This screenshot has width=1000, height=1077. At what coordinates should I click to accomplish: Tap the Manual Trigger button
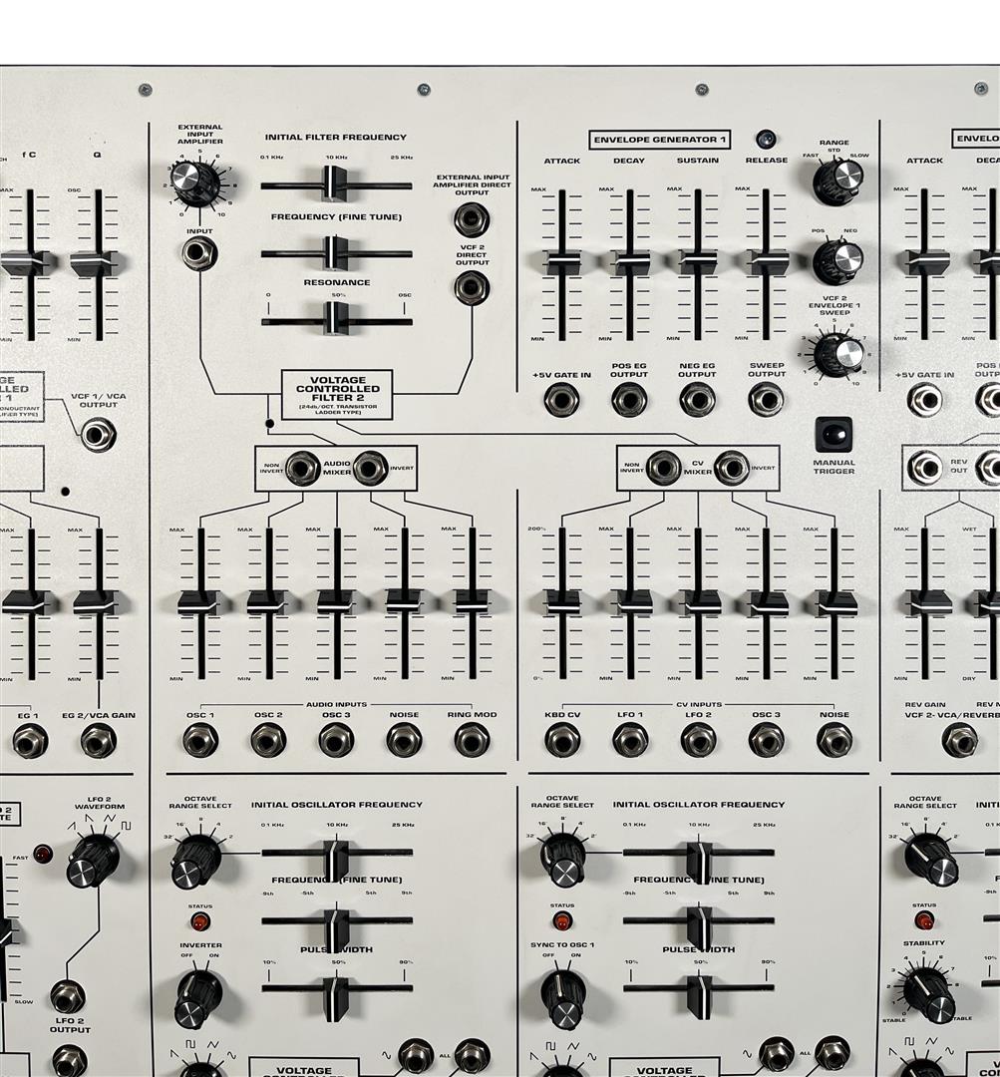click(833, 434)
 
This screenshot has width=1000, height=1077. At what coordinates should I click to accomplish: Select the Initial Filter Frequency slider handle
click(334, 183)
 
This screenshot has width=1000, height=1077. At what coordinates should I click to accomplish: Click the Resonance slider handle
click(336, 318)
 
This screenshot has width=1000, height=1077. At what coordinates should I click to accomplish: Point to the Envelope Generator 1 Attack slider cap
click(562, 261)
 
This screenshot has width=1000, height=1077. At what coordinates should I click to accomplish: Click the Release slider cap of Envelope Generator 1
click(767, 261)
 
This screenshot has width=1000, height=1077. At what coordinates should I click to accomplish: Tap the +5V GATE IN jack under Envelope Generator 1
click(562, 400)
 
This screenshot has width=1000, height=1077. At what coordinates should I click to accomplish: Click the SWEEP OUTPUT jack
click(766, 400)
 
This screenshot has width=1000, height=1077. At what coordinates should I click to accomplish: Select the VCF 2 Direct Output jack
click(471, 288)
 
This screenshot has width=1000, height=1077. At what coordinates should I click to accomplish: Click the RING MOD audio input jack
click(472, 740)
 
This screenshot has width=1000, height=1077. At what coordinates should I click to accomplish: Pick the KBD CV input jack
click(562, 740)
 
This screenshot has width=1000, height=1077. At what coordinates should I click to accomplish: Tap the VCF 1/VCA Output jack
click(98, 434)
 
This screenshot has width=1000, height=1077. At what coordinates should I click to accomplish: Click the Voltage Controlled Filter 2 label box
click(337, 395)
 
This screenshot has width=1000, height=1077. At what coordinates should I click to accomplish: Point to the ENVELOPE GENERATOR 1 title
click(660, 140)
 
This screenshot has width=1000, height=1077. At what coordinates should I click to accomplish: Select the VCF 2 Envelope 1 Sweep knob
click(838, 354)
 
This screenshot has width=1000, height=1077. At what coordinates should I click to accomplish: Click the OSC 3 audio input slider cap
click(336, 601)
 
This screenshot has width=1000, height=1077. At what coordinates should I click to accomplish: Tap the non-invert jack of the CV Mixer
click(663, 468)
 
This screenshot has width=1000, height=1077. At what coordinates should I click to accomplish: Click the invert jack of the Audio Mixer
click(370, 468)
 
